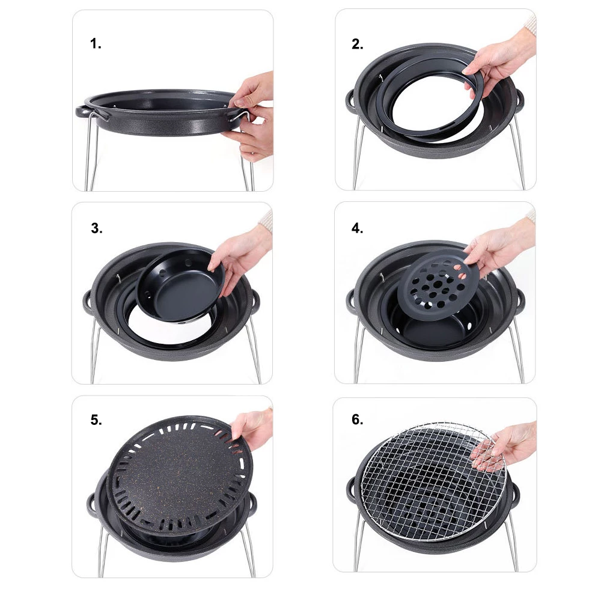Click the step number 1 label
tap(96, 44)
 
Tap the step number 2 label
tap(358, 44)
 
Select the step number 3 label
tap(97, 228)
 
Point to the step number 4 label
tap(357, 228)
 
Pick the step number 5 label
tap(96, 420)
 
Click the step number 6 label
tap(357, 419)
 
